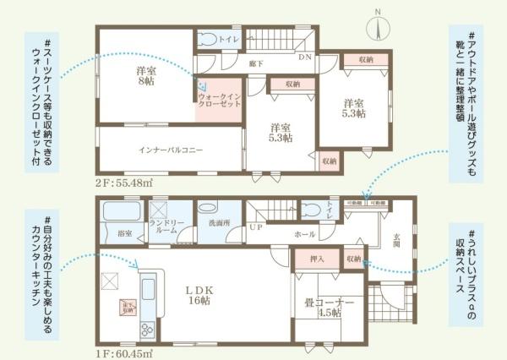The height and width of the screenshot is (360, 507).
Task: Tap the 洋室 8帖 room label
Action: point(145,77)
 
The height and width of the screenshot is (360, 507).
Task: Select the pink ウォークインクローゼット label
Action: point(220,102)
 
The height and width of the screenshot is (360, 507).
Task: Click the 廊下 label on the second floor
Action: point(253,62)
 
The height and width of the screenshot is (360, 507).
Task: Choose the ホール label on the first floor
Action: point(304,232)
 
